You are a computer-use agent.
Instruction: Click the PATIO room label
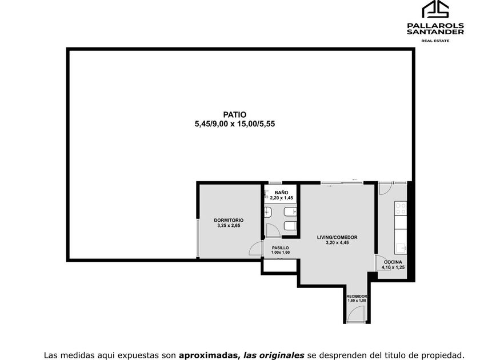pos(234,114)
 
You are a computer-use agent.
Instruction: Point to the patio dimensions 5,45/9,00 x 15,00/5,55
pos(235,124)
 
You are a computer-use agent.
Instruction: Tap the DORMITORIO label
pos(229,220)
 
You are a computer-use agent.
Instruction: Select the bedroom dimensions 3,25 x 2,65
pos(229,226)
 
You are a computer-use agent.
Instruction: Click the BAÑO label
pos(281,193)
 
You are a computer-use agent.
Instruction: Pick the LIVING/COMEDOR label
pos(337,237)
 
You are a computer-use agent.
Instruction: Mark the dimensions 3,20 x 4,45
pos(337,243)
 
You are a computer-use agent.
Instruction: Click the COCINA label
pos(393,262)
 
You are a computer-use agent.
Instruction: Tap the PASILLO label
pos(281,247)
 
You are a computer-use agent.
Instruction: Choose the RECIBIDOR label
pos(357,297)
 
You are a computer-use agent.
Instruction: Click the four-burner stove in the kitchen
pos(401,208)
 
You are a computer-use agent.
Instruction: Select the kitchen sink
pos(401,248)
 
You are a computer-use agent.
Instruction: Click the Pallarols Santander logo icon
pos(435,9)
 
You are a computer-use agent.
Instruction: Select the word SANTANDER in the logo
pos(435,31)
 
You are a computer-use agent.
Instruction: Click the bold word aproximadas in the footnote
pos(209,355)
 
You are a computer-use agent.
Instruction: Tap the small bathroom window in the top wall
pos(275,183)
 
